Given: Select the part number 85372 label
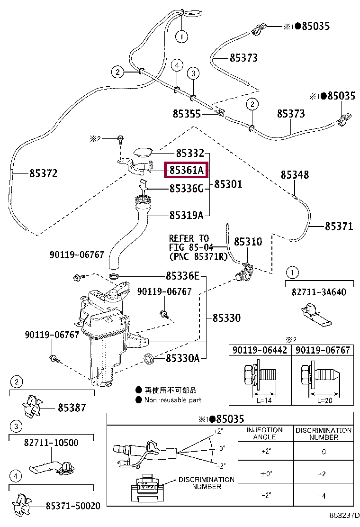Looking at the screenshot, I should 43,173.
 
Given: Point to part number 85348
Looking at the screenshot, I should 294,175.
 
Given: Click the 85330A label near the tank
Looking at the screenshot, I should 182,359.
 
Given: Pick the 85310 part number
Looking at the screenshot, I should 247,242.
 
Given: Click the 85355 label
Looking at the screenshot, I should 187,114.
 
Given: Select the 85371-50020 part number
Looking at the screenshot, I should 73,506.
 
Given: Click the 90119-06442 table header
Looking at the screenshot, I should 260,350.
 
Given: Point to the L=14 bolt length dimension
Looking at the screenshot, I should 266,400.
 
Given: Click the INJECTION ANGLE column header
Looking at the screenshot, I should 264,433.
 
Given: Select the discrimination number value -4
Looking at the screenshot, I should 324,495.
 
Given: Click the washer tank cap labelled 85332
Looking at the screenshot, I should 142,152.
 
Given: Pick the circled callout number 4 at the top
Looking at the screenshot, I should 176,64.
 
